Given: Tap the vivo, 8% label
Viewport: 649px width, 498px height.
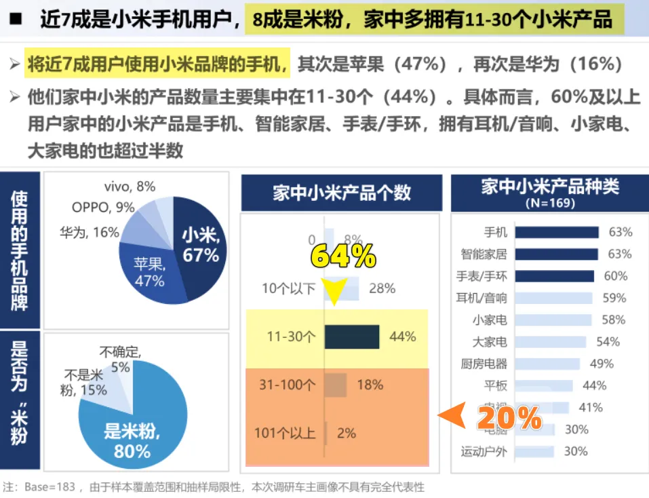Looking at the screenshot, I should [130, 186].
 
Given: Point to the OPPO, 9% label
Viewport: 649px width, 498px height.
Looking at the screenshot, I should [103, 208].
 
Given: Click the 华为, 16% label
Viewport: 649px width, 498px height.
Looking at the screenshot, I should [89, 233].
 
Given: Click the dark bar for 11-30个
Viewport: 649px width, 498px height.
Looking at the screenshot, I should [351, 337].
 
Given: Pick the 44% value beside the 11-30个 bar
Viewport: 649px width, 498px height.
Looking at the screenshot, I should [403, 337].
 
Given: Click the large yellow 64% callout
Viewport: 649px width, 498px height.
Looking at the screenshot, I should [343, 256].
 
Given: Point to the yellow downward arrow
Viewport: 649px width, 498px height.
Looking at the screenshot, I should [333, 290].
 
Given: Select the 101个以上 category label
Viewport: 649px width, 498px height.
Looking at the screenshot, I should [285, 432].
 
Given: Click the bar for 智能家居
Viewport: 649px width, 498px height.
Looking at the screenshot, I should [556, 254].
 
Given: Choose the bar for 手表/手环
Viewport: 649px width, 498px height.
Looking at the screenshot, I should [554, 276].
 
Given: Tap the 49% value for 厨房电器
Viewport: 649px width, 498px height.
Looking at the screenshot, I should [602, 364].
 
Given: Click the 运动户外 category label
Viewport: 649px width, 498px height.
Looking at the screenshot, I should [484, 451].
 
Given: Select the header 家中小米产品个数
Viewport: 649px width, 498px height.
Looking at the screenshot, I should [341, 193].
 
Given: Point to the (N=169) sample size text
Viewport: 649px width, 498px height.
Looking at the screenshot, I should [549, 203].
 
